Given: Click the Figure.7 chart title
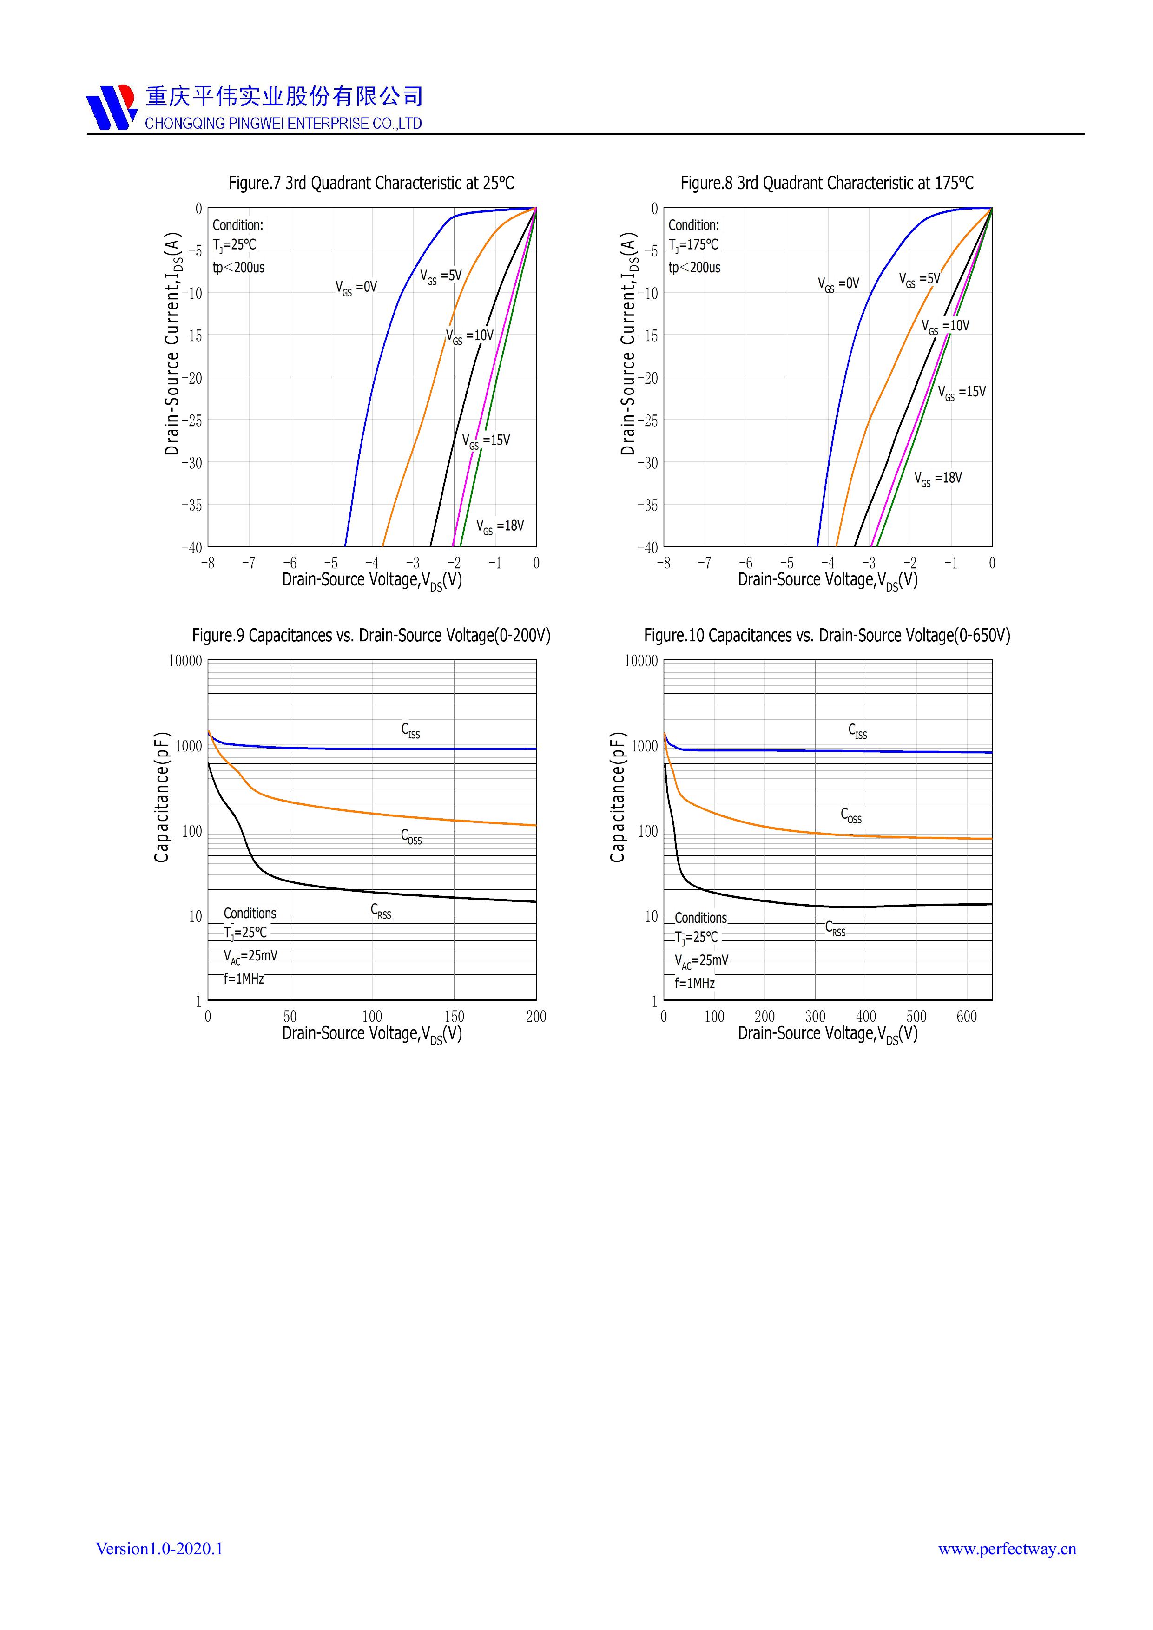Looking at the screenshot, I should (x=370, y=183).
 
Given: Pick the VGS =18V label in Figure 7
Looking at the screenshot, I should (x=500, y=527).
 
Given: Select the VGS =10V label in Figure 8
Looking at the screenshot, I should (x=945, y=327).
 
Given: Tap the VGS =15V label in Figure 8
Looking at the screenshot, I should (x=962, y=393).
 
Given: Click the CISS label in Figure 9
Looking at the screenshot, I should (x=410, y=730).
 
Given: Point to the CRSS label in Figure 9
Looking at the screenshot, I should (x=381, y=911).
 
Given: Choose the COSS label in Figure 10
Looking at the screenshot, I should (x=850, y=815).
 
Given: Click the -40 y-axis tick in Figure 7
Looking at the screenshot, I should (x=191, y=547).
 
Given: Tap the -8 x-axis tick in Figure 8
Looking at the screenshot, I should (x=663, y=563).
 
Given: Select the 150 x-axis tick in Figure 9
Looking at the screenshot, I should (x=454, y=1017).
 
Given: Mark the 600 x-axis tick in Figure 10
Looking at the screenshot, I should (x=966, y=1017).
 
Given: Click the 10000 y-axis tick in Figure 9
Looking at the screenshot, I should (x=185, y=661).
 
